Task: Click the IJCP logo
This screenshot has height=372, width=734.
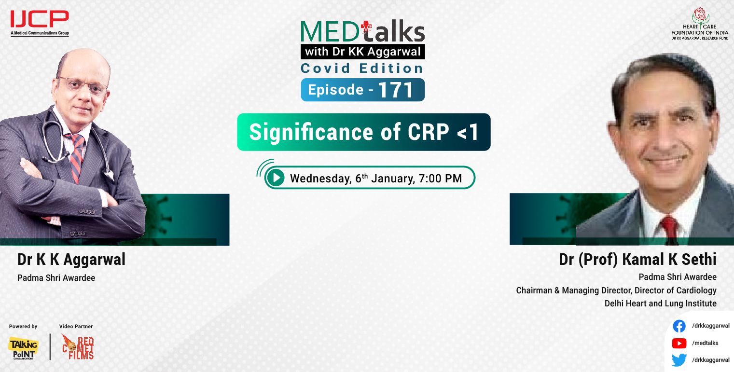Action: pyautogui.click(x=40, y=20)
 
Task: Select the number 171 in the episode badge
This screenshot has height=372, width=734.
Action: pyautogui.click(x=395, y=90)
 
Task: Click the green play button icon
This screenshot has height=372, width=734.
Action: pyautogui.click(x=276, y=178)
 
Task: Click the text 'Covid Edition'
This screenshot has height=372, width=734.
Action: pyautogui.click(x=362, y=68)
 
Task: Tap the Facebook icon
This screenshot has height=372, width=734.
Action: pyautogui.click(x=679, y=326)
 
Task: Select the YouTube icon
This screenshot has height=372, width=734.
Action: pyautogui.click(x=679, y=344)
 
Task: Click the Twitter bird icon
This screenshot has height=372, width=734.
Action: pyautogui.click(x=679, y=360)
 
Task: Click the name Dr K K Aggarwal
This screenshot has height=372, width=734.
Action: pyautogui.click(x=71, y=260)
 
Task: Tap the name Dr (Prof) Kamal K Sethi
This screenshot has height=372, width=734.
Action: pyautogui.click(x=637, y=260)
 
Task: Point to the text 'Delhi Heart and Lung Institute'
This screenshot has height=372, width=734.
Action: pyautogui.click(x=660, y=303)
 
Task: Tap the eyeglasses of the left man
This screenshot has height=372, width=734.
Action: pyautogui.click(x=82, y=85)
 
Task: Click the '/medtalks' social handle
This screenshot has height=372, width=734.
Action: pyautogui.click(x=705, y=343)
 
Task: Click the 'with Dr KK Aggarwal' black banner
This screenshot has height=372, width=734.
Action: pyautogui.click(x=362, y=51)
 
